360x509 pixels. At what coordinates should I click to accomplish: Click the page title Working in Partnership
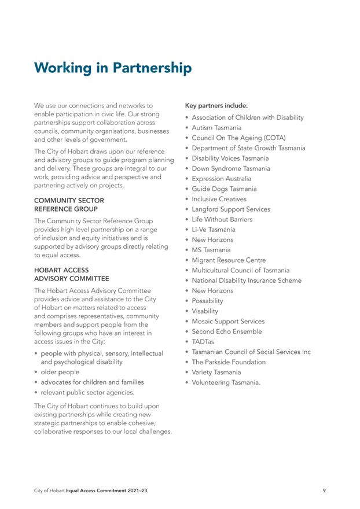(x=112, y=68)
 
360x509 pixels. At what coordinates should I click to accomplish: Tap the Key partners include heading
(x=216, y=106)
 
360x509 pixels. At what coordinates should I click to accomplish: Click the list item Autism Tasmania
(x=216, y=128)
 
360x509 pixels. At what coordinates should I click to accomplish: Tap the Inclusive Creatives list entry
(x=219, y=199)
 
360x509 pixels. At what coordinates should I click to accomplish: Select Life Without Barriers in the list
(x=222, y=220)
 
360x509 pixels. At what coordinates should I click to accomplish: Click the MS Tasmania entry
(x=211, y=250)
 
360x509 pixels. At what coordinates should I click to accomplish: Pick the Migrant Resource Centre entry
(x=229, y=260)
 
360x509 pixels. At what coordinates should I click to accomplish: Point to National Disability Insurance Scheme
(x=247, y=281)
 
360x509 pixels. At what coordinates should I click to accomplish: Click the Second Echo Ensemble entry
(x=226, y=331)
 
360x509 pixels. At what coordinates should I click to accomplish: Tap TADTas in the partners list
(x=203, y=342)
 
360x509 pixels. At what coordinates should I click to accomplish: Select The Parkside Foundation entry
(x=229, y=362)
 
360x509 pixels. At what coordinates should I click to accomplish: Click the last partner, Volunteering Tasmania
(x=226, y=382)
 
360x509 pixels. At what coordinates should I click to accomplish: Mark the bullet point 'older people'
(x=60, y=372)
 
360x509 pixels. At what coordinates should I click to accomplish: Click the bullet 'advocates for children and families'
(x=92, y=382)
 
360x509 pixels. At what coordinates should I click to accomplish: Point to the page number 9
(x=324, y=491)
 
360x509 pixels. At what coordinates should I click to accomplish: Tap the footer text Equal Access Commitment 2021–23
(x=108, y=491)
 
